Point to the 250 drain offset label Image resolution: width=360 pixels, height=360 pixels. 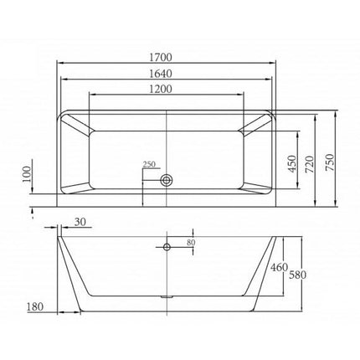coord(149,164)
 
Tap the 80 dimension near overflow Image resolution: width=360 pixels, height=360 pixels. coord(191,243)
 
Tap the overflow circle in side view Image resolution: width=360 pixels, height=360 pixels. coord(167,247)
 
